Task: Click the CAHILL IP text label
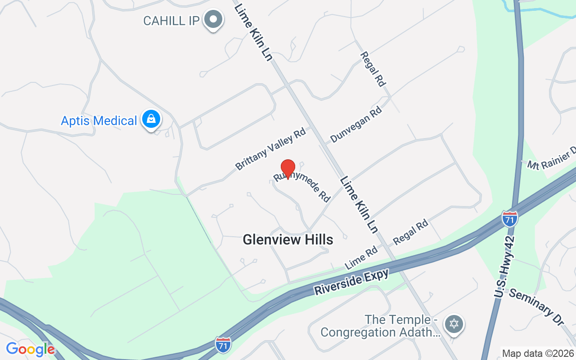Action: point(171,21)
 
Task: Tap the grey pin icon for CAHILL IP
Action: point(214,20)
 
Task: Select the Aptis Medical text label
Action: point(99,121)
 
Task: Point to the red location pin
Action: point(288,169)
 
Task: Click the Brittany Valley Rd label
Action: point(270,149)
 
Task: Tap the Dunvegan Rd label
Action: point(356,124)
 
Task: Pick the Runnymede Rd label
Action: point(302,186)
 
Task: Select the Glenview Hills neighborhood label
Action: point(288,239)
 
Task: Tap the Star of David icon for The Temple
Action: point(454,324)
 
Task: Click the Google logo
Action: point(30,349)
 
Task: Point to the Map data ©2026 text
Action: point(538,353)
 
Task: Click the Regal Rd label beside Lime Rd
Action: point(410,232)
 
